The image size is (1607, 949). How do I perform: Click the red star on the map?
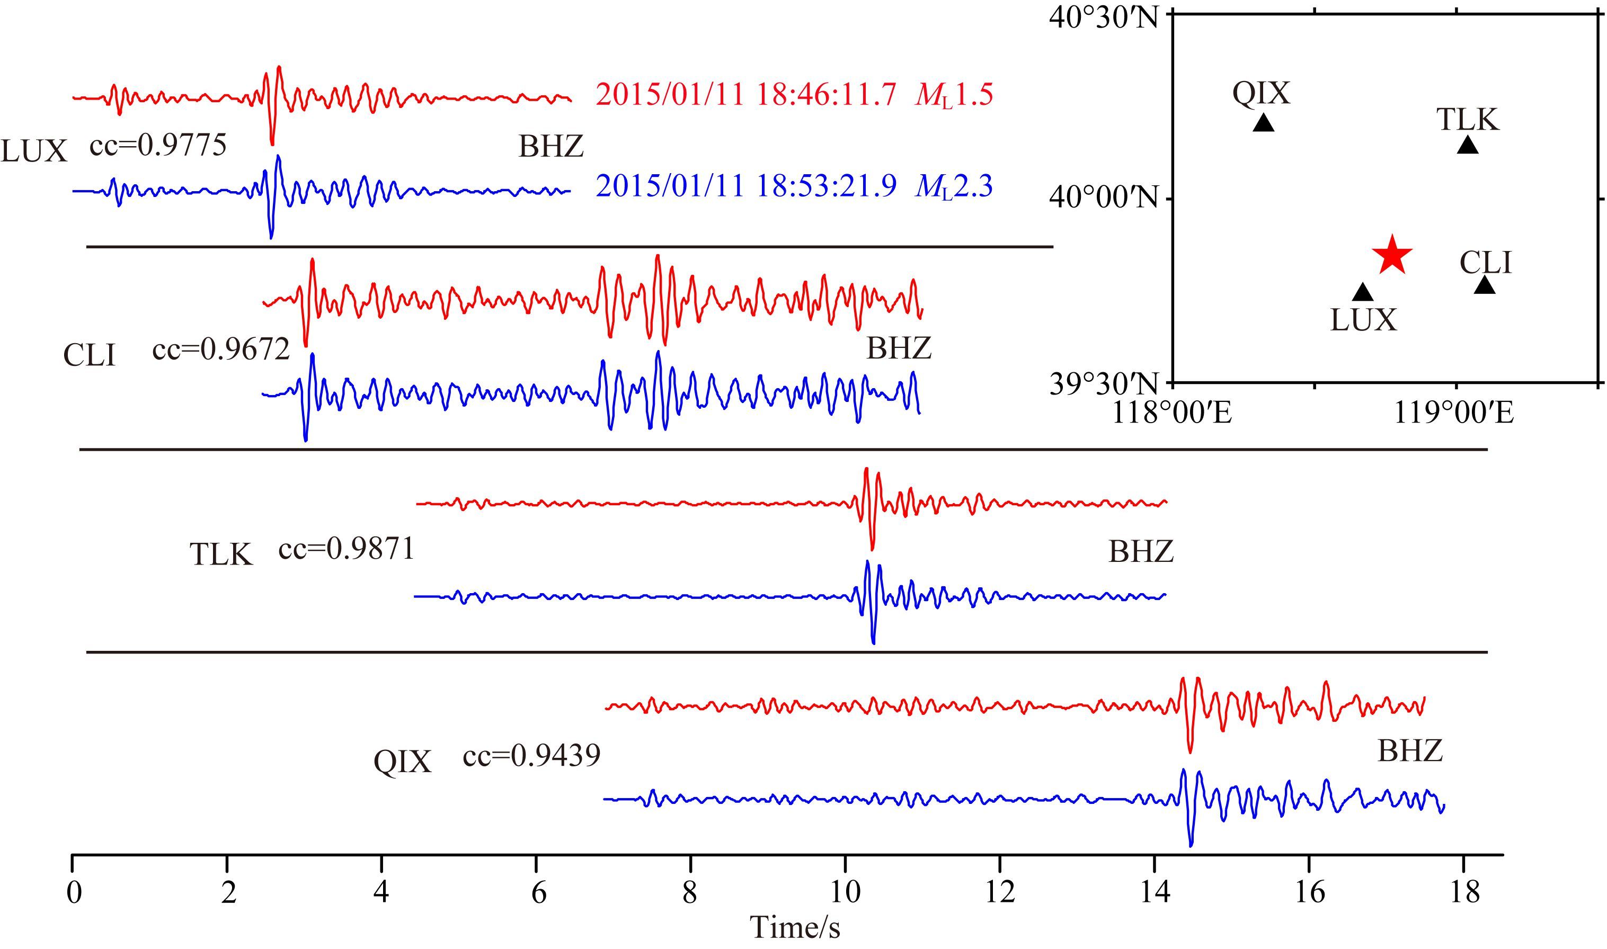[x=1391, y=255]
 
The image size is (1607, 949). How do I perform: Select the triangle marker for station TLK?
[x=1468, y=145]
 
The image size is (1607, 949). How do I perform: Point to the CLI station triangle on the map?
[x=1485, y=285]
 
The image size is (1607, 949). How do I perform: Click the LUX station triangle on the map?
[x=1363, y=292]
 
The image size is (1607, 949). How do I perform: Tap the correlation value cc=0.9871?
[x=346, y=549]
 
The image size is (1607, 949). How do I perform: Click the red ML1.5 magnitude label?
[x=954, y=96]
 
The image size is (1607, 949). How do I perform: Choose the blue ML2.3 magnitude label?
[x=954, y=187]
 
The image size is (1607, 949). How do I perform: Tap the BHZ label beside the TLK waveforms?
[x=1141, y=552]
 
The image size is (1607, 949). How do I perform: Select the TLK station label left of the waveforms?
[x=221, y=554]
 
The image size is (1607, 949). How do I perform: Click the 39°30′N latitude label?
[x=1104, y=385]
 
